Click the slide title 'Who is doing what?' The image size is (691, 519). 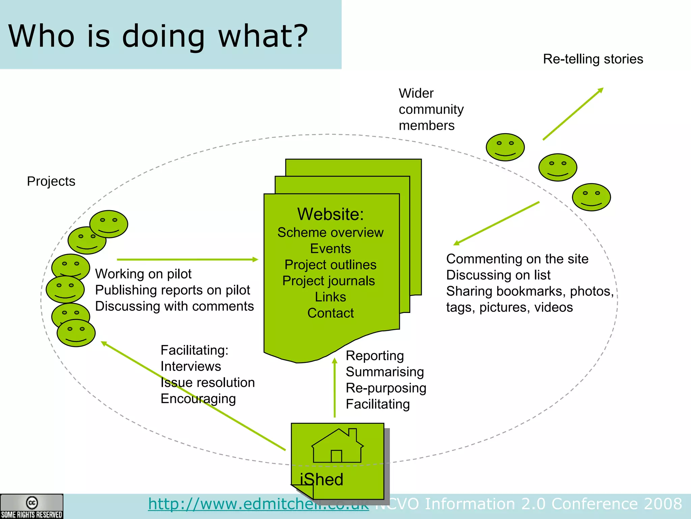[x=158, y=36]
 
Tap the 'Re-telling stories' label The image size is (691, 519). [x=593, y=59]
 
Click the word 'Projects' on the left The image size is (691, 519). [x=51, y=181]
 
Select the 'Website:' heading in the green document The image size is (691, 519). [x=330, y=214]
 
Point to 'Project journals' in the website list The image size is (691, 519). [x=328, y=281]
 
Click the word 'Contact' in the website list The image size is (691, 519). [x=330, y=313]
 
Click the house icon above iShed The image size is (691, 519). [x=337, y=446]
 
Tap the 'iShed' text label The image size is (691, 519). [x=322, y=479]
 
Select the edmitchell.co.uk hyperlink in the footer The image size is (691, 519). [x=258, y=504]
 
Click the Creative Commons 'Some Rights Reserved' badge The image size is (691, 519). [x=31, y=506]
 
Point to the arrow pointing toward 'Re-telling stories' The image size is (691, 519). [x=573, y=114]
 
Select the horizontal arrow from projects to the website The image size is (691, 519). [x=187, y=259]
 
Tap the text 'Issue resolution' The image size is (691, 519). [x=208, y=382]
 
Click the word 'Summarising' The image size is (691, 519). [x=385, y=372]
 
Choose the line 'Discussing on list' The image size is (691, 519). [x=498, y=275]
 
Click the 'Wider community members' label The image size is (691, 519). [x=431, y=109]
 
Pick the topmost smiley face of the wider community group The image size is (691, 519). [x=505, y=147]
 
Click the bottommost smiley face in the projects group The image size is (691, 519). [x=76, y=333]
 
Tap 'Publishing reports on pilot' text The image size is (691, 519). [x=172, y=290]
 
